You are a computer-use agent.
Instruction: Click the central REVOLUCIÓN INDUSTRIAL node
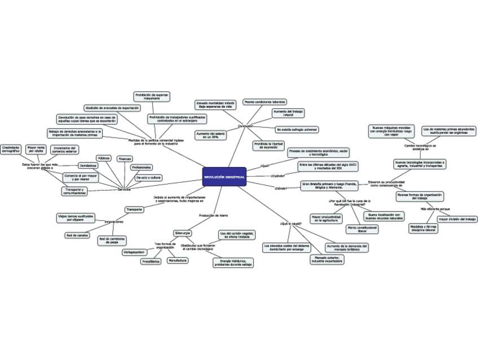(224, 177)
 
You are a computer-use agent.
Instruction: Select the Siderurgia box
(183, 232)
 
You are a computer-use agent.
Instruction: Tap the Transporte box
(134, 209)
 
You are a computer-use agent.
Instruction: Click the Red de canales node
(77, 235)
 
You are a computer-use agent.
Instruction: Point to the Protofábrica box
(151, 261)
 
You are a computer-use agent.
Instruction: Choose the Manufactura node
(178, 260)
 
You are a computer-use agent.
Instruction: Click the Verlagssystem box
(138, 252)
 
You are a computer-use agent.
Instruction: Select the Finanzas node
(125, 159)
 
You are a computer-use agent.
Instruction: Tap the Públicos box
(103, 158)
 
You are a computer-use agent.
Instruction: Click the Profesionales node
(141, 168)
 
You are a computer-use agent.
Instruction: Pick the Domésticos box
(88, 166)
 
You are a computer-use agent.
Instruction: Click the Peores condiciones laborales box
(264, 102)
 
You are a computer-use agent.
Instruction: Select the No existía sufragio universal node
(296, 129)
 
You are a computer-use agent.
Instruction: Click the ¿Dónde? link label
(281, 188)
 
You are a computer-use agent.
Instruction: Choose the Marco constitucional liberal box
(362, 229)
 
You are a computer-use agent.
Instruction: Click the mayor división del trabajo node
(457, 219)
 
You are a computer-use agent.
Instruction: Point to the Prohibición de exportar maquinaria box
(152, 96)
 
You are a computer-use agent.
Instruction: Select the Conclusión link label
(246, 125)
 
